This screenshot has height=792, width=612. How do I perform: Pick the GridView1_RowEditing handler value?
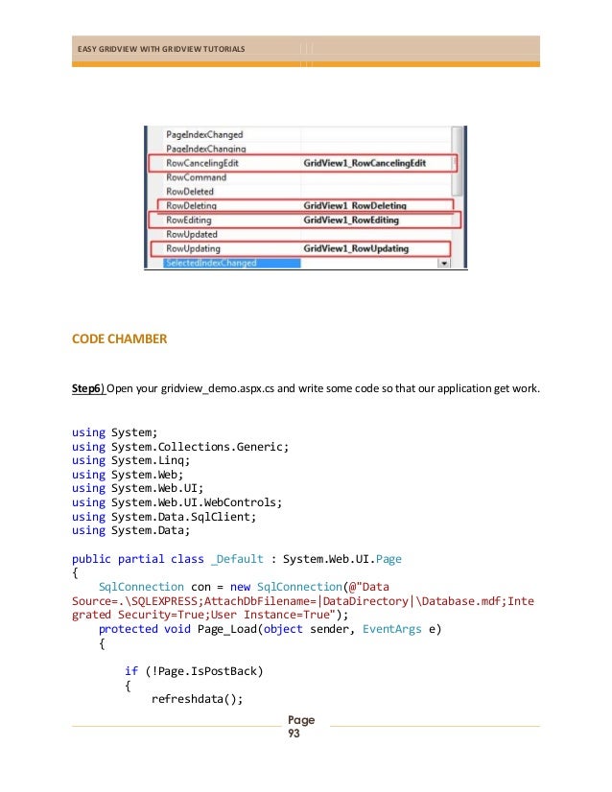click(351, 221)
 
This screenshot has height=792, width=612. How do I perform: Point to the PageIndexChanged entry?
click(204, 135)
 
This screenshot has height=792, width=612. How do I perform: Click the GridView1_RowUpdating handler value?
click(355, 249)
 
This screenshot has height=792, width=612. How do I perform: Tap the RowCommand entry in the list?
click(196, 177)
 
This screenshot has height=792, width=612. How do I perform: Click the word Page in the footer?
click(301, 720)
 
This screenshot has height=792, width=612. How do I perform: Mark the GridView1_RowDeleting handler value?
click(354, 206)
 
